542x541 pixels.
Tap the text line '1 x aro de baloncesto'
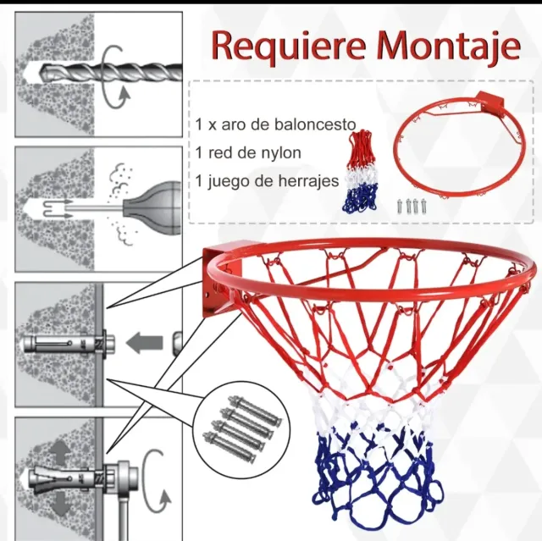click(275, 124)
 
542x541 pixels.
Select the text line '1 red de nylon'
click(247, 152)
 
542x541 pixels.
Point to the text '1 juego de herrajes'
click(267, 180)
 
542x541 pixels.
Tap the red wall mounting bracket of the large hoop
click(222, 275)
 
